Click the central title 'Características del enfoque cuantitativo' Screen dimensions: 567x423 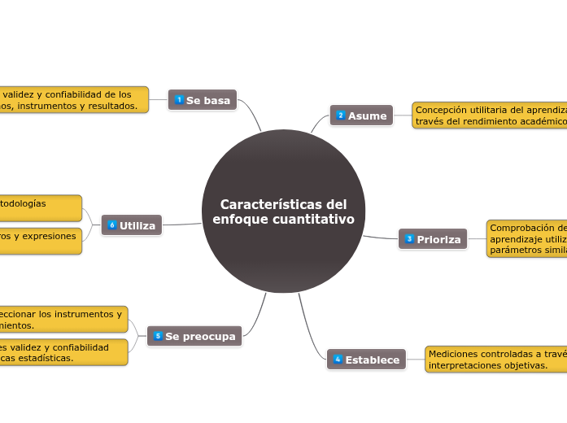[283, 211]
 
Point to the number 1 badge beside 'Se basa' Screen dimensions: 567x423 [179, 100]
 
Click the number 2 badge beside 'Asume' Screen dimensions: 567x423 [341, 116]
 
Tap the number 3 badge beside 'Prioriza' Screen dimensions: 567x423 [409, 239]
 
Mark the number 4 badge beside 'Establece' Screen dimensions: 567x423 [338, 359]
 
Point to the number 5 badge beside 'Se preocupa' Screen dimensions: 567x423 [158, 335]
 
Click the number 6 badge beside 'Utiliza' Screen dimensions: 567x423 [112, 225]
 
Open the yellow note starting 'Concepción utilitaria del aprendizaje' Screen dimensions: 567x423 [489, 115]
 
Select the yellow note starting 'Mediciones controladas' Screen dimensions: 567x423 [495, 359]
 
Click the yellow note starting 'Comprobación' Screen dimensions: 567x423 [526, 238]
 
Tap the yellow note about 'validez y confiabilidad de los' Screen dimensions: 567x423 [73, 100]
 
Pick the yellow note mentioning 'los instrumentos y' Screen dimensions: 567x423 [63, 319]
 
